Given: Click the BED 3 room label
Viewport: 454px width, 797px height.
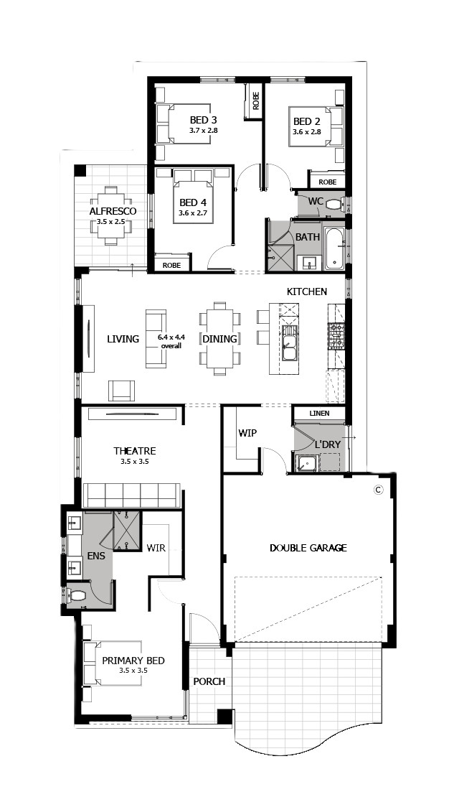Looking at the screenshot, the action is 203,121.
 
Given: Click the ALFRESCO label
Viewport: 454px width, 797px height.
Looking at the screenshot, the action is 113,211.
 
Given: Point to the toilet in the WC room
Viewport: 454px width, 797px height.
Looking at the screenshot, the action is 334,205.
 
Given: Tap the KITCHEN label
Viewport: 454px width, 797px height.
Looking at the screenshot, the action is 307,292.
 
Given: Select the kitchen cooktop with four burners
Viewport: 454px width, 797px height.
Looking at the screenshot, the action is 336,337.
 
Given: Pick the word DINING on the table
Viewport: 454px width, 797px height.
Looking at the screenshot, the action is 220,339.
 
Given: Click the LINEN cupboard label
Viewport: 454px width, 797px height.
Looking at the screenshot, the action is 319,414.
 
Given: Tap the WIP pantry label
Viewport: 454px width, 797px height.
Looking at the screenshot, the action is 247,434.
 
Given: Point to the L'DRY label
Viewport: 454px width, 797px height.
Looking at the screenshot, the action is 328,444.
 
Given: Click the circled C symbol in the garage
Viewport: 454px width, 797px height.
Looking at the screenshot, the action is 377,490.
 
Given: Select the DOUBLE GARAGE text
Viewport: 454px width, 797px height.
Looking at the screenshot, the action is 308,548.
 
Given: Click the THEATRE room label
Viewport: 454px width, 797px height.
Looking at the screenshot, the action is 135,451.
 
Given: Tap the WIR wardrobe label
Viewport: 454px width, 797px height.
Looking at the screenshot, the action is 156,549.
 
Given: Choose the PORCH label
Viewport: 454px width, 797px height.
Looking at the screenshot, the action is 209,681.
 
